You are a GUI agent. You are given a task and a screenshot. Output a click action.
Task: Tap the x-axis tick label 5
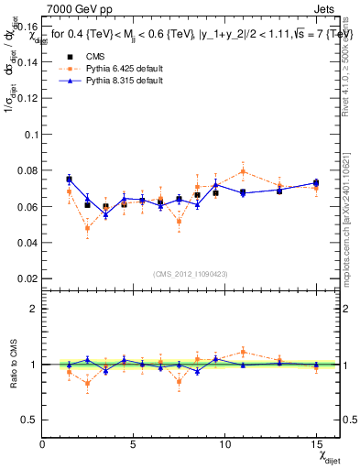point(134,444)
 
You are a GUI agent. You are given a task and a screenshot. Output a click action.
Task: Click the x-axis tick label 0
point(43,444)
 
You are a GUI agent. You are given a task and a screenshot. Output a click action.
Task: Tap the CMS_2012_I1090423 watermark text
point(191,274)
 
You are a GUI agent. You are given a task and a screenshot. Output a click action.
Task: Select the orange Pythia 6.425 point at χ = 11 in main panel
point(243,171)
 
